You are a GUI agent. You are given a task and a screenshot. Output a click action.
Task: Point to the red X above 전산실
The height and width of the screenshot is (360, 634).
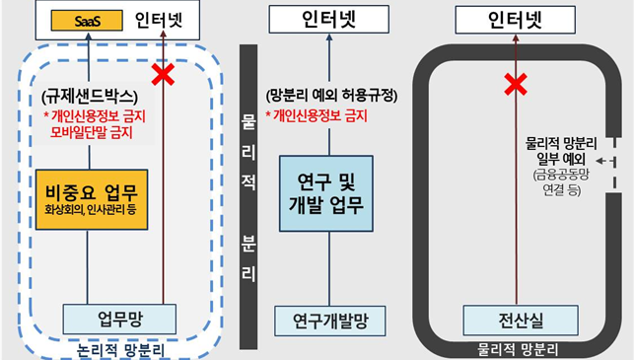click(x=514, y=85)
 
